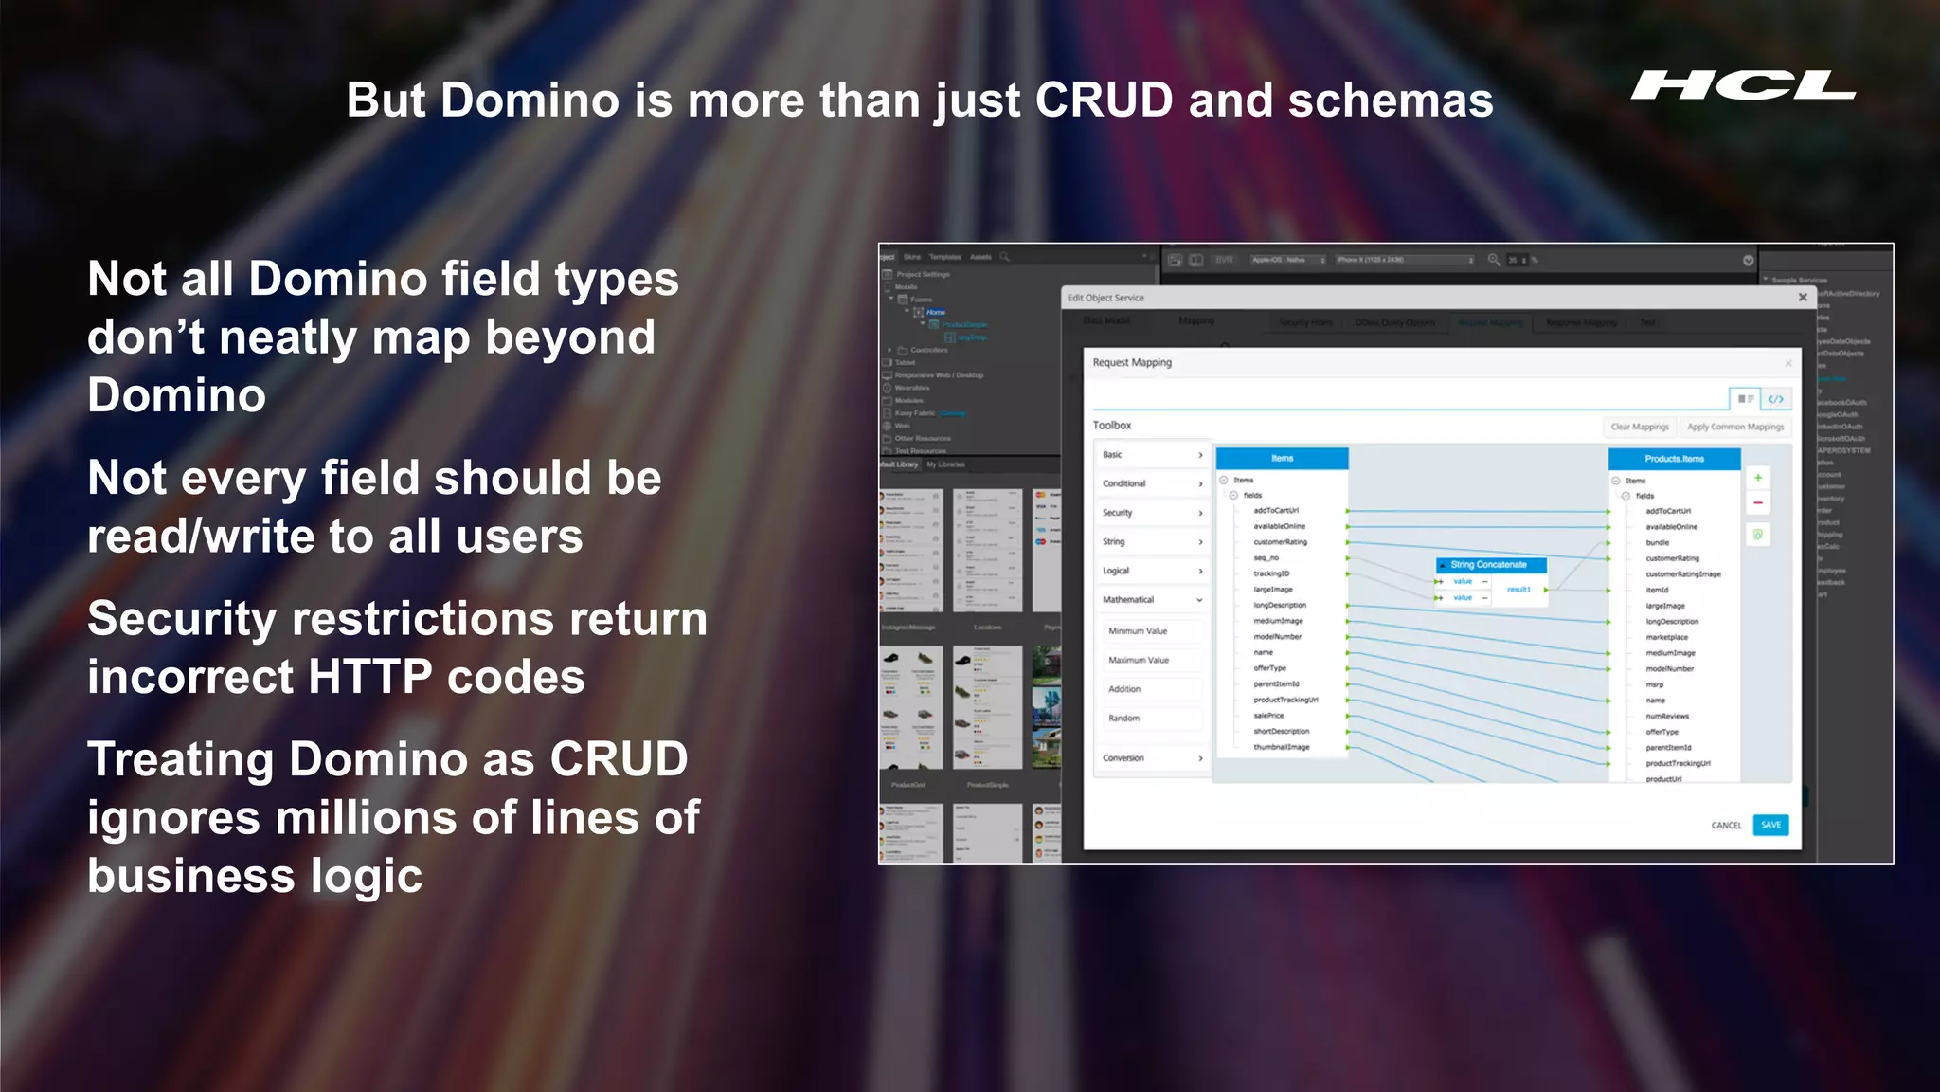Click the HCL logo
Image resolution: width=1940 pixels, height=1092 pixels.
click(1743, 85)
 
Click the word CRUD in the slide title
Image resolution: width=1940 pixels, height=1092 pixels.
click(1104, 100)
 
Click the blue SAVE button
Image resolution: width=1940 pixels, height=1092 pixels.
click(1769, 825)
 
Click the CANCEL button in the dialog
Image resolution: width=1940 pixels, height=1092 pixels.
click(1726, 826)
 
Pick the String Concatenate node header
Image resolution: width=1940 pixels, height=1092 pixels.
click(1489, 565)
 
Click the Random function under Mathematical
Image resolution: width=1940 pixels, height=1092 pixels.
click(1124, 719)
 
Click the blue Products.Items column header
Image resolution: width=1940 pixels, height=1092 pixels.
click(1674, 459)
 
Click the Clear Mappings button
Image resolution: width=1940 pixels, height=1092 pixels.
click(1640, 427)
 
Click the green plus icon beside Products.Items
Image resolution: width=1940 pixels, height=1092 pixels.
click(1758, 478)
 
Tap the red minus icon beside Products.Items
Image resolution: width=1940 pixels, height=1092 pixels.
click(1758, 502)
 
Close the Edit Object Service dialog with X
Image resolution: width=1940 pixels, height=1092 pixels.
click(1803, 298)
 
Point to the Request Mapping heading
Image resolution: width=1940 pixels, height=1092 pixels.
click(1132, 363)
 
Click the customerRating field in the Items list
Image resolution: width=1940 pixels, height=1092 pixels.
click(1280, 542)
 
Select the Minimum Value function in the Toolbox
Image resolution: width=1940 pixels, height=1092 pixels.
click(1138, 631)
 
